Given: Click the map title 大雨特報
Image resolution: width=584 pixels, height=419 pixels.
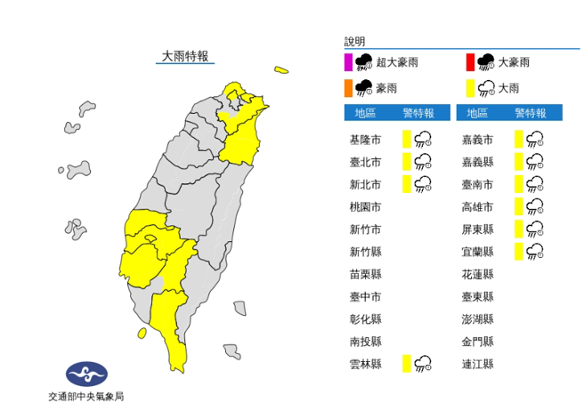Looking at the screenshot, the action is pos(184,57).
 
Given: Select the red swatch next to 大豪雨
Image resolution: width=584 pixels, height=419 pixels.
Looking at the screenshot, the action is pos(468,62).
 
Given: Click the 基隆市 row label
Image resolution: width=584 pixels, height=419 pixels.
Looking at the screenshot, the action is pos(365,139).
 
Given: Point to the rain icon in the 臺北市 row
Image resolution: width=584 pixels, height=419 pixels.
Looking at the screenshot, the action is pos(423,161).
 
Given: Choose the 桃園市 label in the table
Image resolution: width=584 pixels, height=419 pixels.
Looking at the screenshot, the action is pos(365,206).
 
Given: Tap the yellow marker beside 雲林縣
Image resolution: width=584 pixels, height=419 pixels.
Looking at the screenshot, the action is pos(405,363).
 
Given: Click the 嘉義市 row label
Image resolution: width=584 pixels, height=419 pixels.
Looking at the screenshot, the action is pos(478,139).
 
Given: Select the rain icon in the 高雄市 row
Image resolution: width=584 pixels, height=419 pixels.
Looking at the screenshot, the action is pos(535,206).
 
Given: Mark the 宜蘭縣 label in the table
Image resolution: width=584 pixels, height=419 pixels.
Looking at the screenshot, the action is pos(478,251).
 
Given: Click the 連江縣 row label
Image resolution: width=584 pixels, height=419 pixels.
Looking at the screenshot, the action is pos(478,363).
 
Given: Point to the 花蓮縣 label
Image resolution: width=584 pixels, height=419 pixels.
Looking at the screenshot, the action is pos(478,274).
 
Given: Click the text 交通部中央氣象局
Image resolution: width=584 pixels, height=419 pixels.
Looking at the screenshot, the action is pos(85,397).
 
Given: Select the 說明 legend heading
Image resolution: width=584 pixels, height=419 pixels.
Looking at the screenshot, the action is pos(354,41).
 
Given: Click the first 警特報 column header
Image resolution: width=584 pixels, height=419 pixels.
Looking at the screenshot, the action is pos(418,113).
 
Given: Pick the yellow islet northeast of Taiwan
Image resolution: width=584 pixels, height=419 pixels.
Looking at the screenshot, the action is pos(281,69).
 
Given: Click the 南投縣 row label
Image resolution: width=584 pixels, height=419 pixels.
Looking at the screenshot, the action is pos(365,341).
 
